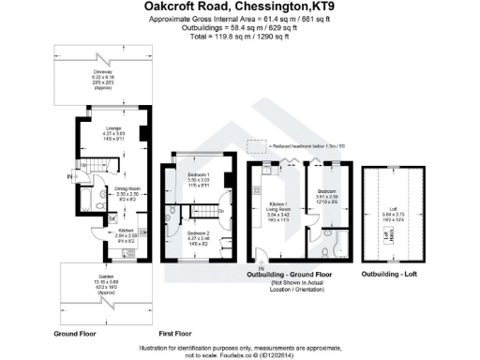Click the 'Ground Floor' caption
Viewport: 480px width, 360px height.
coord(77,333)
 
